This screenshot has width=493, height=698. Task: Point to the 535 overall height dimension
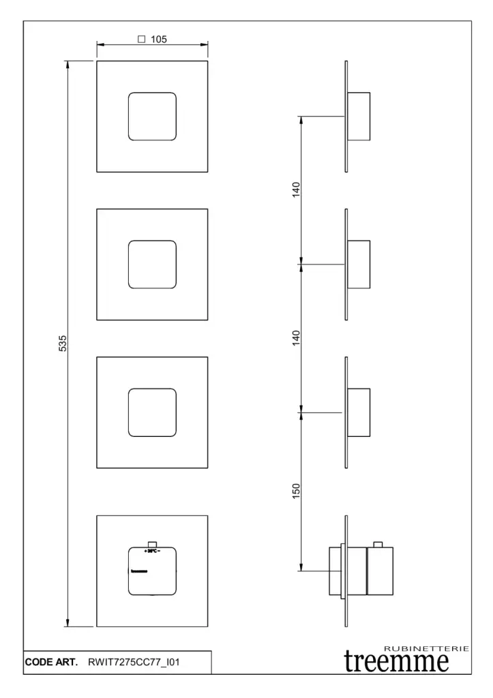pyautogui.click(x=63, y=343)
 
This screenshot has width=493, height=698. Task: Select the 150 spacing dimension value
pyautogui.click(x=296, y=490)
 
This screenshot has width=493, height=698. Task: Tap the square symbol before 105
pyautogui.click(x=142, y=40)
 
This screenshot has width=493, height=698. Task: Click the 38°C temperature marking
pyautogui.click(x=151, y=550)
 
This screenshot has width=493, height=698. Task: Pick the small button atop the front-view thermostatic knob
pyautogui.click(x=152, y=544)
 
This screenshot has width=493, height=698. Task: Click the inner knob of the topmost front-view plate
pyautogui.click(x=152, y=116)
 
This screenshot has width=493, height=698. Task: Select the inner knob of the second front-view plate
pyautogui.click(x=152, y=264)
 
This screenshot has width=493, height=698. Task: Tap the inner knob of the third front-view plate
pyautogui.click(x=152, y=412)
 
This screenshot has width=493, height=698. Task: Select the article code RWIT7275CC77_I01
pyautogui.click(x=134, y=662)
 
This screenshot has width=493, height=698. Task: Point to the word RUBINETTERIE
pyautogui.click(x=427, y=648)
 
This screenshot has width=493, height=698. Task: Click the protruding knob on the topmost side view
pyautogui.click(x=359, y=116)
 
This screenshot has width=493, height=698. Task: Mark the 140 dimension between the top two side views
pyautogui.click(x=296, y=189)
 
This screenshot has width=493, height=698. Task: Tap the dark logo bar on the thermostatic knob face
pyautogui.click(x=139, y=571)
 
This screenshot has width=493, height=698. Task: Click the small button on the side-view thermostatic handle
pyautogui.click(x=378, y=544)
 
